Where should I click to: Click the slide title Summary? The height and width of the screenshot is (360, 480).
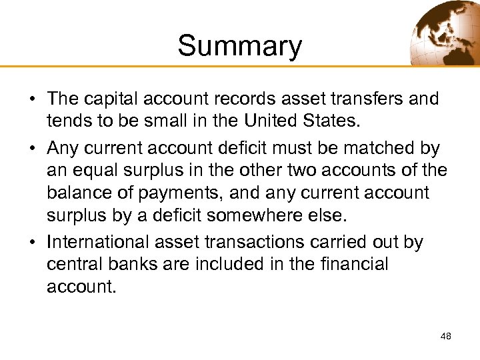click(x=239, y=46)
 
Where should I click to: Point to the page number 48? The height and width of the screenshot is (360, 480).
click(x=446, y=336)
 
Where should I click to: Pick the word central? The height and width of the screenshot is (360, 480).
click(x=73, y=264)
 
